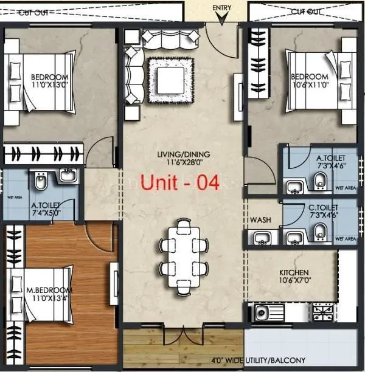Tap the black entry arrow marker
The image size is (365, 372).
223,18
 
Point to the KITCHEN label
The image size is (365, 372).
294,272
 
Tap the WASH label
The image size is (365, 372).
260,220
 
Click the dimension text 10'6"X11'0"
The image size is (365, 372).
310,85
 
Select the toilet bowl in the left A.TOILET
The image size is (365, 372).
39,182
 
